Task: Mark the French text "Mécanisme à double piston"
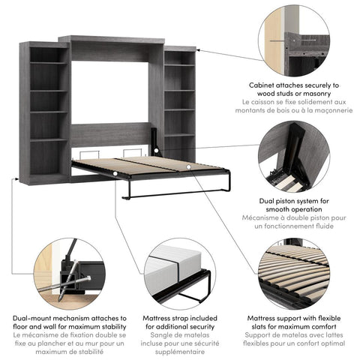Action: coord(293,219)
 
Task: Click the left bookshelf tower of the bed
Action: coord(49,112)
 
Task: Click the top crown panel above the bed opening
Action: coord(112,38)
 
